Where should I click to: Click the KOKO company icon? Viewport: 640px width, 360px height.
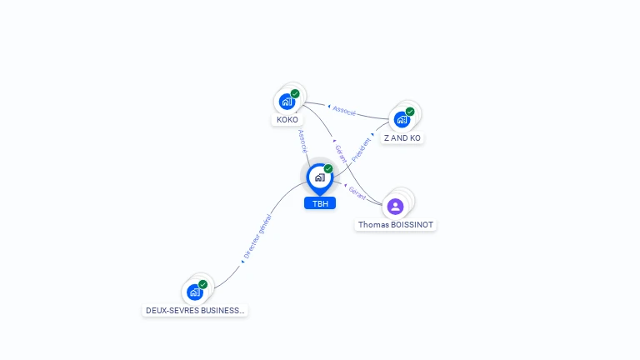(287, 102)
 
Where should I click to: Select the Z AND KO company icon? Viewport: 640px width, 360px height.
(402, 120)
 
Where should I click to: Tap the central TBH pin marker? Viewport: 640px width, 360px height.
(320, 179)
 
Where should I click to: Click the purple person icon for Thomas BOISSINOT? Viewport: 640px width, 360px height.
(395, 207)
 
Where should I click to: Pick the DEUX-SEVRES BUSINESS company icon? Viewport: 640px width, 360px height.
(195, 292)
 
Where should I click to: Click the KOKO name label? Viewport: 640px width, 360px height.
(287, 120)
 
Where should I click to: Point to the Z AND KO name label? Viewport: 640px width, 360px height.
(402, 138)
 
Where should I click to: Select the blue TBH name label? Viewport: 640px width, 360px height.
(320, 203)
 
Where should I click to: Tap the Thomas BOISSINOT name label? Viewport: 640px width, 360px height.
(396, 225)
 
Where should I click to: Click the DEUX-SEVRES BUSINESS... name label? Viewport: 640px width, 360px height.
(195, 311)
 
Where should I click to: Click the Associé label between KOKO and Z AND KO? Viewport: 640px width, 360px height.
(344, 111)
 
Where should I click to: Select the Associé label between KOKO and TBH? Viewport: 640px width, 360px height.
(302, 141)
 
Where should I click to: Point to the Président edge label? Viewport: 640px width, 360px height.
(361, 150)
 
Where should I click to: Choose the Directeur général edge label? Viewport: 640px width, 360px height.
(257, 237)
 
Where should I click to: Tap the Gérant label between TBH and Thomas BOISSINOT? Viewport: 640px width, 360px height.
(357, 193)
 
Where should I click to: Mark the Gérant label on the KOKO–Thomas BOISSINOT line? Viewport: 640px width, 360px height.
(341, 153)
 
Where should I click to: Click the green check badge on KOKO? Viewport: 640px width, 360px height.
(295, 94)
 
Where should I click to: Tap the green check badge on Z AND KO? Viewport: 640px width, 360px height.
(410, 112)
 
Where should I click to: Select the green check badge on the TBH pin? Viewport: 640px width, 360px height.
(328, 168)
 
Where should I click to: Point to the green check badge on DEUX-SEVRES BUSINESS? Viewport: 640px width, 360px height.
(202, 284)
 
